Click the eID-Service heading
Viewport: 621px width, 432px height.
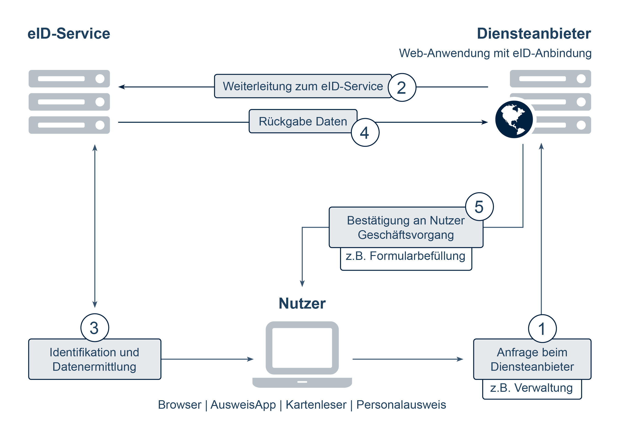[69, 34]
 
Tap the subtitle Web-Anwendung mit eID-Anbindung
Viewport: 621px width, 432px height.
[495, 53]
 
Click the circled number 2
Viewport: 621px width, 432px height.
[402, 87]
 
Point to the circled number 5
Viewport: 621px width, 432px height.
[479, 207]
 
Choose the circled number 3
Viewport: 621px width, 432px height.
[94, 328]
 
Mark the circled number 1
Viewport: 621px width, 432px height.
[542, 329]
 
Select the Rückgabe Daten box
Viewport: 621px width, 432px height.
[302, 121]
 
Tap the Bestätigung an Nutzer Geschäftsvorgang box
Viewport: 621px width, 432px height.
[405, 227]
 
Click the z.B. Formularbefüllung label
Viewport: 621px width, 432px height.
[405, 256]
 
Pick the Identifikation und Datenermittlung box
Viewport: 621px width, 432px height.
[94, 359]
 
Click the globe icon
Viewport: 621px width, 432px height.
[514, 119]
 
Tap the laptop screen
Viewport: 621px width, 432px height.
[302, 348]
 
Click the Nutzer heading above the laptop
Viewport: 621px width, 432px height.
[302, 303]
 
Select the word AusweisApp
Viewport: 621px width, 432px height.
[243, 405]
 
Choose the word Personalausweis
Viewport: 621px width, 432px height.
[401, 405]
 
